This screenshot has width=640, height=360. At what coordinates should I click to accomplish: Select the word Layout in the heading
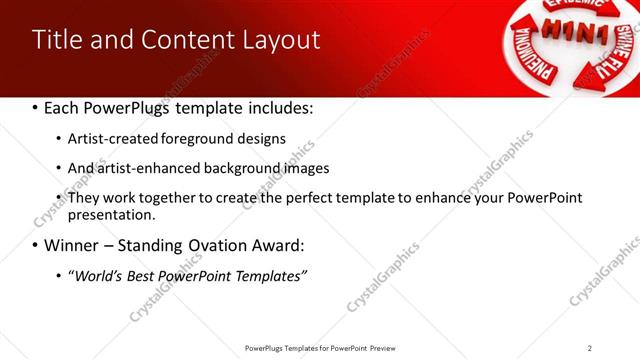tap(283, 40)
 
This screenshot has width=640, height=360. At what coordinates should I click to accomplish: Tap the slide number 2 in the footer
tap(589, 347)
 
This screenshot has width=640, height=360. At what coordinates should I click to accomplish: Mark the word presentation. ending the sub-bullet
tap(112, 214)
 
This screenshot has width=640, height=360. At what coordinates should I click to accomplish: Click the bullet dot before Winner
tap(36, 245)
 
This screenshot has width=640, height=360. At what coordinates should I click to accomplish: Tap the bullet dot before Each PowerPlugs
tap(36, 107)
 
